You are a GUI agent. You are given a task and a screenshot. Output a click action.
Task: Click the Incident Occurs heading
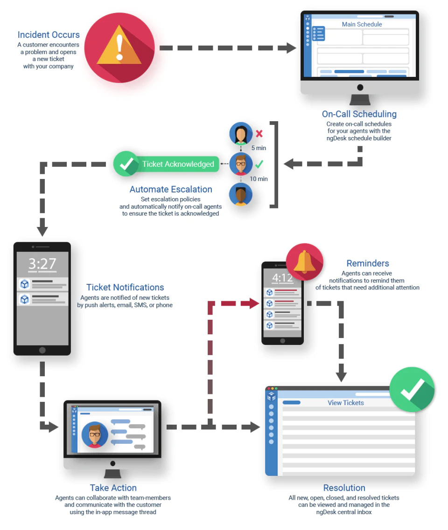point(49,34)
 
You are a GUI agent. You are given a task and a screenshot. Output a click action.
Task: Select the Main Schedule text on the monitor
point(362,24)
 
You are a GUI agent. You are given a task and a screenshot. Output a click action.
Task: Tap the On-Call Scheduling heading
point(359,114)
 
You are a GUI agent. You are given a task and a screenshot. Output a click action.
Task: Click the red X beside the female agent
point(259,133)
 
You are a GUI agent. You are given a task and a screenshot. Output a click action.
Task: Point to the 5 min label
point(259,148)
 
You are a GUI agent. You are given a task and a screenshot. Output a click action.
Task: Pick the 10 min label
point(259,179)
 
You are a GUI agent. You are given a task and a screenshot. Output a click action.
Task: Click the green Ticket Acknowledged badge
point(166,164)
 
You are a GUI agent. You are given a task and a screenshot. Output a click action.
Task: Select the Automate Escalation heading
point(171,189)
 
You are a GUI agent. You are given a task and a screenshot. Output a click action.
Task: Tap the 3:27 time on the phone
point(42,264)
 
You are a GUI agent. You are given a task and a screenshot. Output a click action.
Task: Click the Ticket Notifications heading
point(125,287)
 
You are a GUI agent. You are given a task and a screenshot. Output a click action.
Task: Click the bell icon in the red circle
point(305,262)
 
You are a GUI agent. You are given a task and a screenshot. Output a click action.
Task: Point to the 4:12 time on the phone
point(282,278)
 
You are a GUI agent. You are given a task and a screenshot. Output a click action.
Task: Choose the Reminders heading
point(367,263)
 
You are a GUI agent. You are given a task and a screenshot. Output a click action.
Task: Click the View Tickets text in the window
point(345,403)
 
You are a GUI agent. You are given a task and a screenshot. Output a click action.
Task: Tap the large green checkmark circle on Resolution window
point(412,389)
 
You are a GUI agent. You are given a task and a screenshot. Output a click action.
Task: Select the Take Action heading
point(113,488)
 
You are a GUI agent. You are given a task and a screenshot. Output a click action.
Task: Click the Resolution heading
point(344,488)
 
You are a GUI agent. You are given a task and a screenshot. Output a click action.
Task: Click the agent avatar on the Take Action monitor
point(95,435)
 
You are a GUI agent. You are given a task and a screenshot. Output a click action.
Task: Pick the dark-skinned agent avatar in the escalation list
point(241,195)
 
